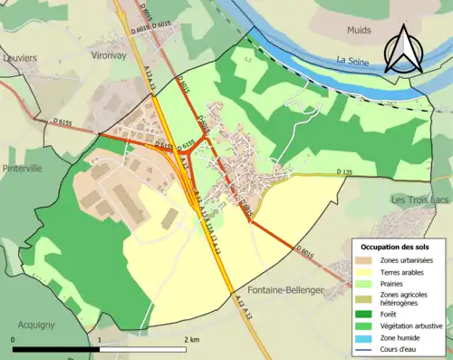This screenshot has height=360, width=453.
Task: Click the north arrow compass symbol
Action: (x=402, y=48)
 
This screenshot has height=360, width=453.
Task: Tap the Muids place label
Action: (x=360, y=30)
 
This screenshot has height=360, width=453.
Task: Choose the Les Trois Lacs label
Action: (x=419, y=199)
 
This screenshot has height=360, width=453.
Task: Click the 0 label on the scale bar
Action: (x=14, y=339)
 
